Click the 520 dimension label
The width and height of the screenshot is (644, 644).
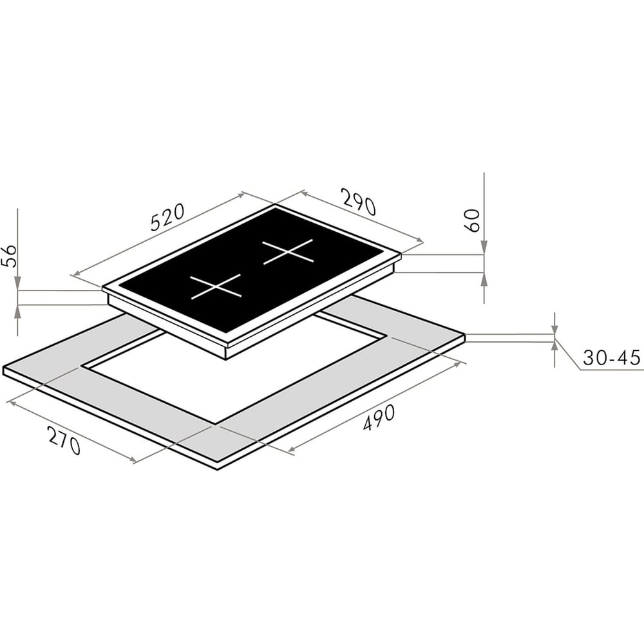[x=167, y=217]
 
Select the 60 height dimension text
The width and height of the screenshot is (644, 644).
[x=473, y=220]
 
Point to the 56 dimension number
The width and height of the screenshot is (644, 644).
[x=9, y=256]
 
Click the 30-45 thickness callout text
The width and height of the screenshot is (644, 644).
[x=612, y=357]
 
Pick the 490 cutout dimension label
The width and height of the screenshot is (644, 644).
[x=379, y=418]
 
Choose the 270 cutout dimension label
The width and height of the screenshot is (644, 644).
[x=64, y=440]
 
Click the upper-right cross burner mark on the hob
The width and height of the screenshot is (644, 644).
[x=288, y=252]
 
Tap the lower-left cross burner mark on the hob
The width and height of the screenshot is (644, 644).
[x=216, y=287]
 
